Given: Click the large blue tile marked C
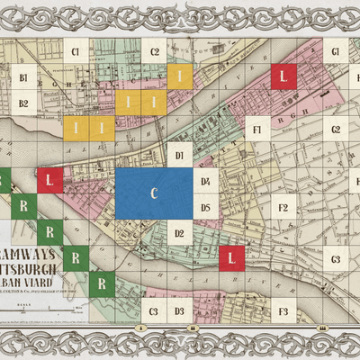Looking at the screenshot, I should click(154, 193).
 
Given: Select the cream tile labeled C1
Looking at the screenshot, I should click(76, 52).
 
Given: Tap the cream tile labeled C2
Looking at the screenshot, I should click(155, 52).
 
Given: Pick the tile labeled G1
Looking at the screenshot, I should click(335, 52).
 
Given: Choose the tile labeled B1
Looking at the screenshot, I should click(24, 78).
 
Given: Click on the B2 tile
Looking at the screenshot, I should click(24, 103).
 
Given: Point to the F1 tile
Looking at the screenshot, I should click(257, 130).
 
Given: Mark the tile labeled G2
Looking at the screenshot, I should click(335, 130).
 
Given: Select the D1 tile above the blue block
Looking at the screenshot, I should click(180, 156).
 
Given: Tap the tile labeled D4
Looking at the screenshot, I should click(205, 182).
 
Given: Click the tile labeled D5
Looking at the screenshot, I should click(205, 208).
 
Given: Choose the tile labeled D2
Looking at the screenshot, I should click(180, 234).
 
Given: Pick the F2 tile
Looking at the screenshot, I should click(283, 208).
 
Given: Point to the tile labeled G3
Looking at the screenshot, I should click(335, 260).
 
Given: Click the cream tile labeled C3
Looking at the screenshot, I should click(154, 311).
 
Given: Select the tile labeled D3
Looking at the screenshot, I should click(180, 311).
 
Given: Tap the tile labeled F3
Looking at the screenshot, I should click(283, 311).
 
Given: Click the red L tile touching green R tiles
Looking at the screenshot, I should click(50, 181).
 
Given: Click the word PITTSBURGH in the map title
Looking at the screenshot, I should click(31, 269).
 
